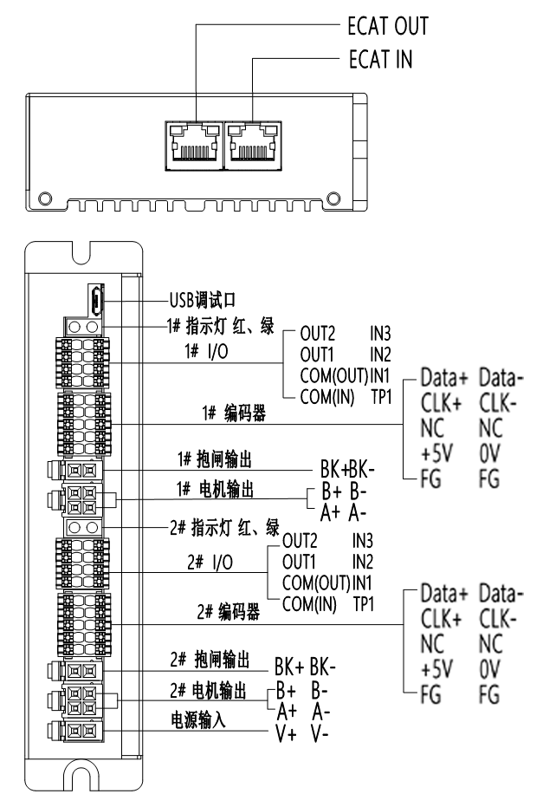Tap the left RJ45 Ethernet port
(x=193, y=143)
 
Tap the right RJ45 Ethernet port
(x=252, y=143)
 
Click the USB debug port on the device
(x=96, y=302)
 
